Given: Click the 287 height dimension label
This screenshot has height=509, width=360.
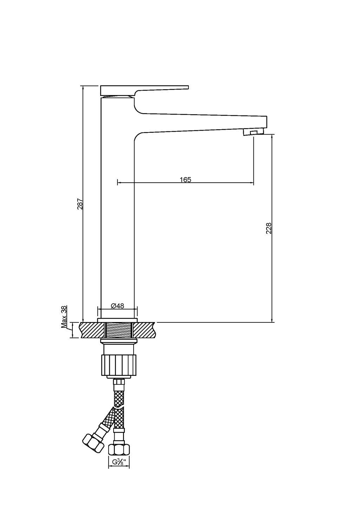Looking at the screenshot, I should (80, 204).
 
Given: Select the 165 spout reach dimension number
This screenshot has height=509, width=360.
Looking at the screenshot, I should (185, 180).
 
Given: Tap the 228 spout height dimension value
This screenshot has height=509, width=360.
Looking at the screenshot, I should (269, 228).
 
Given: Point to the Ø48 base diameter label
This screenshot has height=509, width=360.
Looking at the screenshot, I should (117, 306).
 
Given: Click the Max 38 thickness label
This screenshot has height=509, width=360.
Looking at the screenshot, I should (64, 317).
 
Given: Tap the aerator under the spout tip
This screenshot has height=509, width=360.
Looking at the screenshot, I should (253, 132).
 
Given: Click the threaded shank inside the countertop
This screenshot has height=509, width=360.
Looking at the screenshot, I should (118, 331).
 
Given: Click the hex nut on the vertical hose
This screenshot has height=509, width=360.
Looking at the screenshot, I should (119, 449).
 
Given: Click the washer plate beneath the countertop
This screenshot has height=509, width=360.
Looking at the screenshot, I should (118, 341).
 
